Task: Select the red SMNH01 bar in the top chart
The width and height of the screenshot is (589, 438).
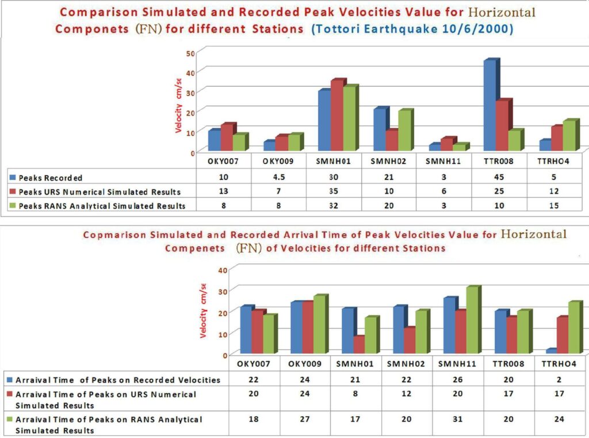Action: [337, 116]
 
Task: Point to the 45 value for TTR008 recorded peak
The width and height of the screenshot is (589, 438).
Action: [496, 178]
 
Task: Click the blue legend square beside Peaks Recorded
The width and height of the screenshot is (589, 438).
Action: [12, 178]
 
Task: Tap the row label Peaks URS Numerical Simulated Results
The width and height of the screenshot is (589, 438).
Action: [100, 191]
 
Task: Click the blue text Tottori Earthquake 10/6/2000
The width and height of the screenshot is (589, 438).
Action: [412, 29]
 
